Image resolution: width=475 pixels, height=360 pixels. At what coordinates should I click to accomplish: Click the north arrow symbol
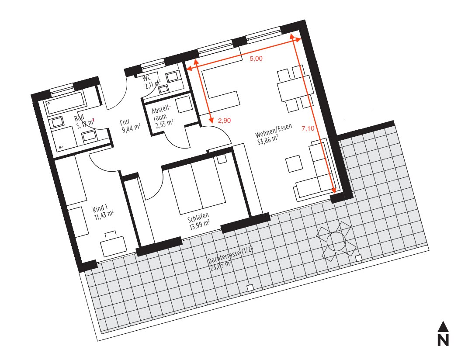pyautogui.click(x=443, y=333)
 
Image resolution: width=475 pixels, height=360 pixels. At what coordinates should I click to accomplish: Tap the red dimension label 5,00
pyautogui.click(x=256, y=59)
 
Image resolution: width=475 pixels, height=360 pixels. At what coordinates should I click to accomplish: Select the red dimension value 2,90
pyautogui.click(x=225, y=121)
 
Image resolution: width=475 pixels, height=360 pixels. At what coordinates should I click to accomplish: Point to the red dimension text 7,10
pyautogui.click(x=308, y=128)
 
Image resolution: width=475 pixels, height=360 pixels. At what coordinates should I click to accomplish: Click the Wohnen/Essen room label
pyautogui.click(x=274, y=131)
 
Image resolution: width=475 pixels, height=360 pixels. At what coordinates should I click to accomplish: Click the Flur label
pyautogui.click(x=125, y=122)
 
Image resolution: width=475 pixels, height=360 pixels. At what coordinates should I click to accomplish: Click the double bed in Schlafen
pyautogui.click(x=197, y=188)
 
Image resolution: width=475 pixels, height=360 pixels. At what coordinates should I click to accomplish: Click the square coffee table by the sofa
pyautogui.click(x=294, y=163)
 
